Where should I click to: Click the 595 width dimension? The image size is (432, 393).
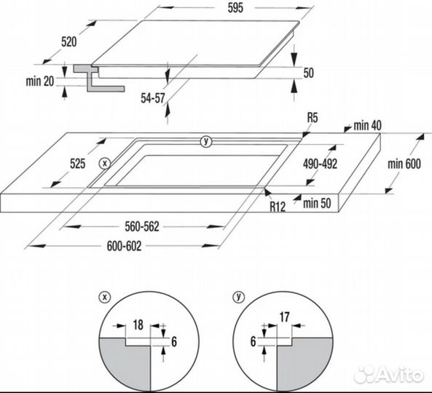tap(235, 8)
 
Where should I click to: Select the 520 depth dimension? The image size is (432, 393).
tap(69, 41)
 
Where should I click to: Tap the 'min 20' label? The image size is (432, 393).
tap(40, 82)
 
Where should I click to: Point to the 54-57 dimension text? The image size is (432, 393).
tap(153, 98)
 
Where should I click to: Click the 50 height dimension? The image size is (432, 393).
tap(309, 73)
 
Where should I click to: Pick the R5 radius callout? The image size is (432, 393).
tap(313, 118)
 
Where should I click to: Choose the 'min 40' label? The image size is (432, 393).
tap(368, 125)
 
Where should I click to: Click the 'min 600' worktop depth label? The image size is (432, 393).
tap(404, 164)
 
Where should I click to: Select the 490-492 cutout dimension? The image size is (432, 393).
tap(320, 164)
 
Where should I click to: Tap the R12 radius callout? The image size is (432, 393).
tap(278, 207)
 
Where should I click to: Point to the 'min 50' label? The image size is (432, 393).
tap(317, 203)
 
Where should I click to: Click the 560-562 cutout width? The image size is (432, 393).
tap(142, 227)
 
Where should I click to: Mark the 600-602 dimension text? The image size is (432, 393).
tap(124, 246)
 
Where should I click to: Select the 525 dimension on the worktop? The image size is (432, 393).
tap(77, 164)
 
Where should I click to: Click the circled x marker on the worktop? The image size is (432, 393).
tap(104, 164)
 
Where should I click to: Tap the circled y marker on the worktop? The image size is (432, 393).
tap(206, 141)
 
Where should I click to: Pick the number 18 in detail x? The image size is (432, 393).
tap(138, 325)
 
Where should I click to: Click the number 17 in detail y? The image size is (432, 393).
tap(284, 317)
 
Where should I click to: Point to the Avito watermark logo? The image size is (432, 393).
tap(389, 375)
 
